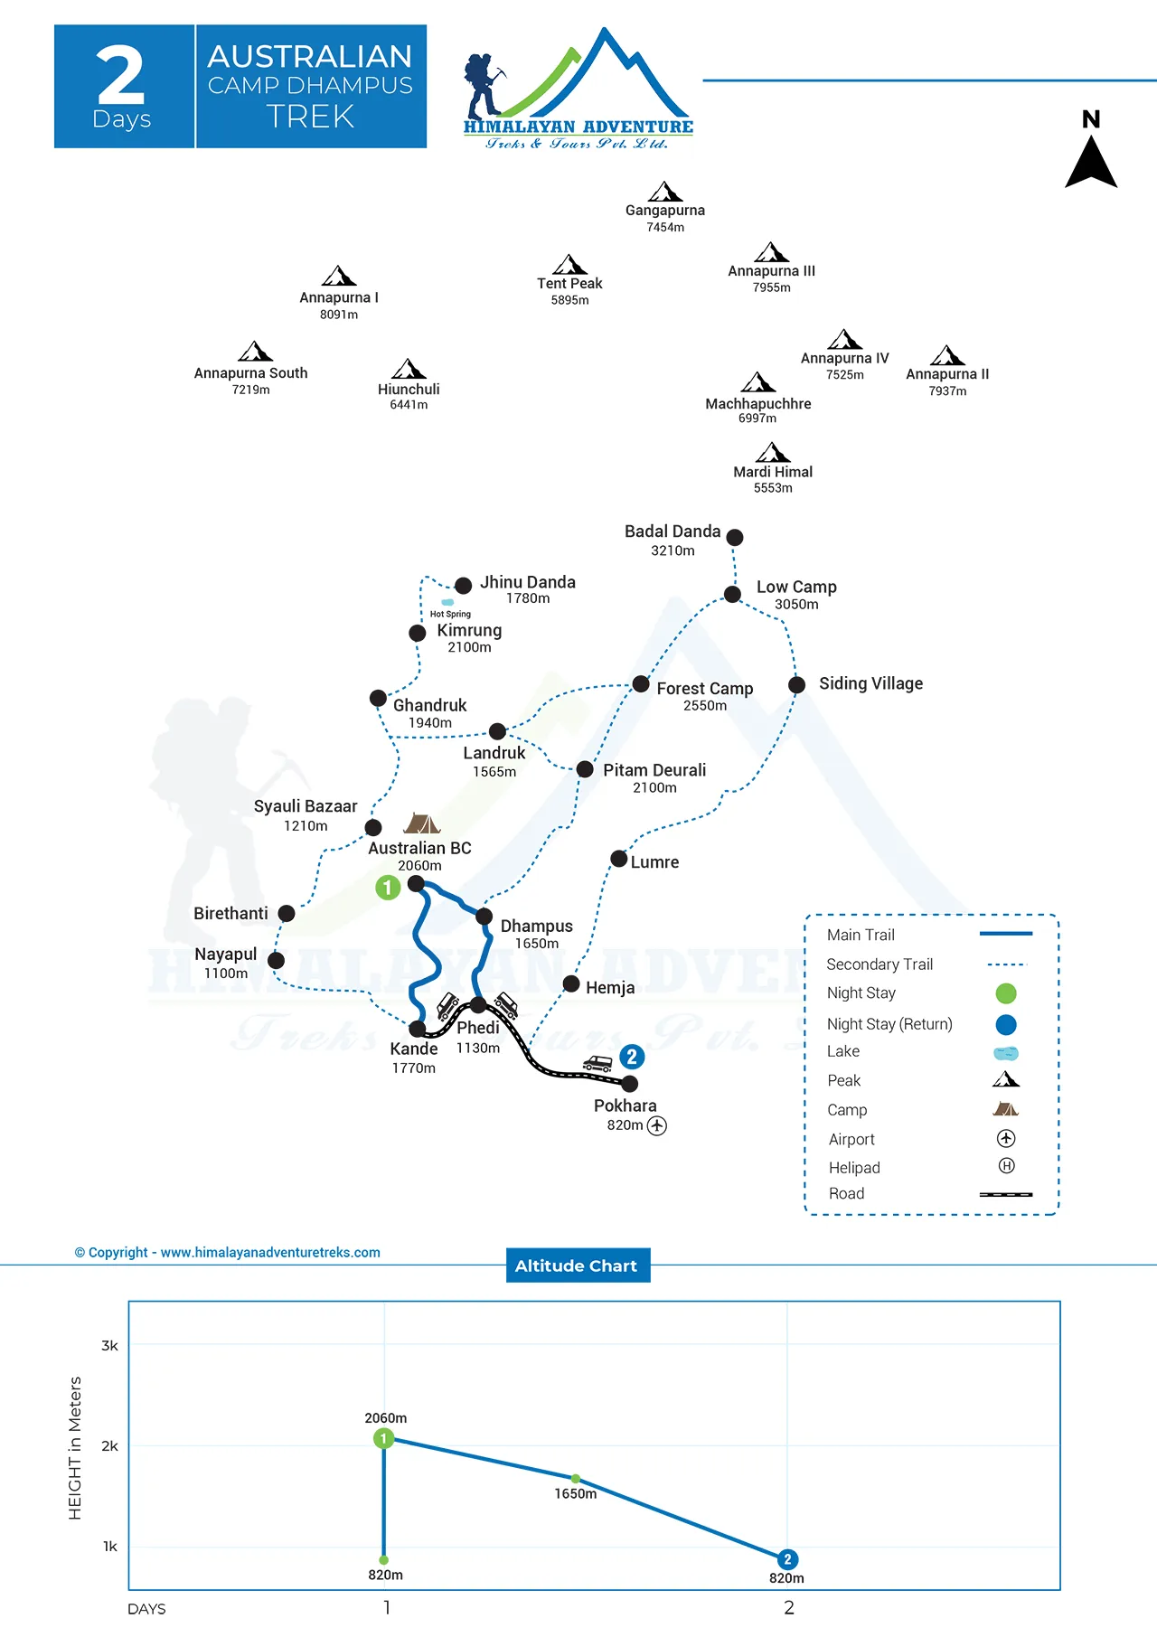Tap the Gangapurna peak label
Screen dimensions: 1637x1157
(665, 211)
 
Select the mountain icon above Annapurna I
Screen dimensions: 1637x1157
(339, 276)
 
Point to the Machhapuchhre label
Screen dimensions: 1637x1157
(757, 404)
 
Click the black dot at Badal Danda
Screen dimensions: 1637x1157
(735, 538)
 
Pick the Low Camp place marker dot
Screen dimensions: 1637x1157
(732, 594)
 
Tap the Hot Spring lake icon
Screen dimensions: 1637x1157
(447, 602)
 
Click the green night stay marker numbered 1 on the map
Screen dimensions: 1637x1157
(388, 888)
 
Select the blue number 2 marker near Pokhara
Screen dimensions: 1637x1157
(632, 1057)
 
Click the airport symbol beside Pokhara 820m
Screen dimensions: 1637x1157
(657, 1125)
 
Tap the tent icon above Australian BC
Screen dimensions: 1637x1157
(421, 823)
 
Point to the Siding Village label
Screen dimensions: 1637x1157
(870, 683)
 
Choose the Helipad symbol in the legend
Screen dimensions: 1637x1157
(1006, 1166)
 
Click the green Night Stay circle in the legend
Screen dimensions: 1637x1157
(1006, 993)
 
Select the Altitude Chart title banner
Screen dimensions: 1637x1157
(577, 1265)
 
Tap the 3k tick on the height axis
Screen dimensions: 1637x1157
(109, 1346)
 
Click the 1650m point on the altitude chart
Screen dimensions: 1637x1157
(576, 1479)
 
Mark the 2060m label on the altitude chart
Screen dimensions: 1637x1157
(386, 1418)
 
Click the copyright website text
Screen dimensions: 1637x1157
(228, 1253)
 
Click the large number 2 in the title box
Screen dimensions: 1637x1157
(120, 76)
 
